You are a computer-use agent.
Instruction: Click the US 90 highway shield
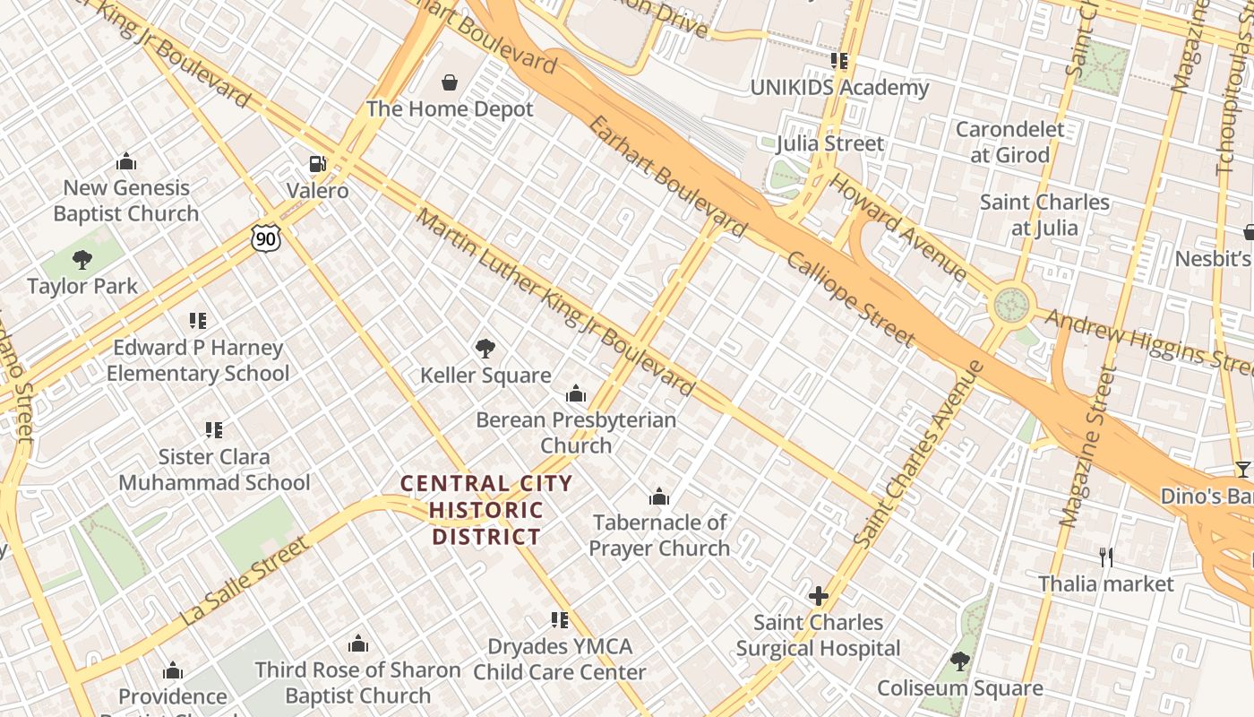click(266, 238)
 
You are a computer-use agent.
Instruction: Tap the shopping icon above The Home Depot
click(450, 83)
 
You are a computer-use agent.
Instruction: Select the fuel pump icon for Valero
click(317, 164)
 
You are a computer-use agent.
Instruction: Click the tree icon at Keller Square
click(485, 348)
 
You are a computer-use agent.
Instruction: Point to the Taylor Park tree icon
click(82, 260)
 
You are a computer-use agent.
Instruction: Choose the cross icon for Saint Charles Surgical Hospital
click(818, 596)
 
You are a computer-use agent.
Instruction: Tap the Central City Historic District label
click(486, 510)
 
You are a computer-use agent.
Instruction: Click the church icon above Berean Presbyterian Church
click(576, 393)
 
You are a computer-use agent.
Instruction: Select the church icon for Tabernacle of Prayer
click(659, 496)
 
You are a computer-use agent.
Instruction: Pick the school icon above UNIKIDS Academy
click(839, 61)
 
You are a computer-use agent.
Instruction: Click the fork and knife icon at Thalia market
click(1106, 557)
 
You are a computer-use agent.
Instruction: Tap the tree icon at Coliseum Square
click(959, 661)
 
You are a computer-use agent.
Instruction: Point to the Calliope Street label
click(850, 298)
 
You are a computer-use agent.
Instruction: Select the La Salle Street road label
click(245, 582)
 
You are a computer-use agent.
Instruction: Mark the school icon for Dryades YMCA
click(560, 619)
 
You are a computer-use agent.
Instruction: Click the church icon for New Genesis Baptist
click(126, 161)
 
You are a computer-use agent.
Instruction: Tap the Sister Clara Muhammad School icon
click(214, 430)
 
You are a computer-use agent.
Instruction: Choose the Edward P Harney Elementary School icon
click(198, 320)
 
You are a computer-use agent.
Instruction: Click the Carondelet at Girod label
click(1010, 142)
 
